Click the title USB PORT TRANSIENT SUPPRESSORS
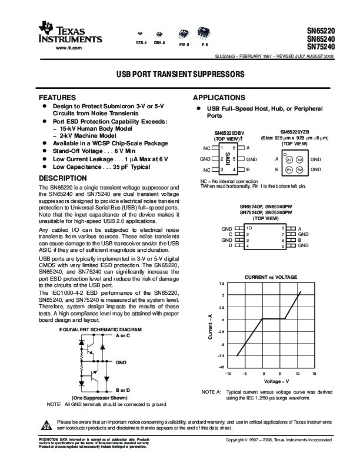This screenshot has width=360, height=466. [x=180, y=76]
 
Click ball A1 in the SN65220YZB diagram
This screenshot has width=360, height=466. [x=289, y=159]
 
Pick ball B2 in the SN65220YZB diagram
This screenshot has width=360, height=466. [x=299, y=169]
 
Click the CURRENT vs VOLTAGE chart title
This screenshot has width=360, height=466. [x=271, y=276]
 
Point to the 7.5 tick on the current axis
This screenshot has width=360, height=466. [x=222, y=284]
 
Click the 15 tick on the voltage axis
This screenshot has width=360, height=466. [x=314, y=374]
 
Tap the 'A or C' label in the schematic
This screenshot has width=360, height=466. [x=125, y=335]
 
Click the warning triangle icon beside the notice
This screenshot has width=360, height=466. [x=46, y=424]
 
